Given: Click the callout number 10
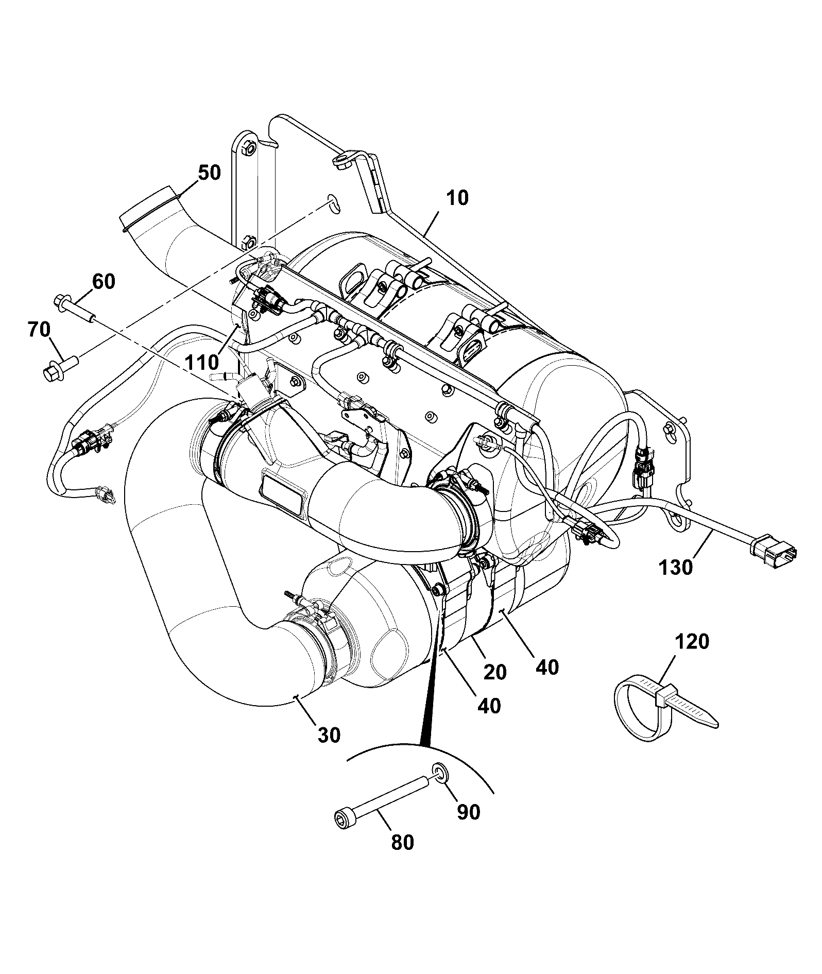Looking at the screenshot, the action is tap(457, 198).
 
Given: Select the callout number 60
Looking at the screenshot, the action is tap(104, 282).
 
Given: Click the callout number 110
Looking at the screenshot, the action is tap(202, 363).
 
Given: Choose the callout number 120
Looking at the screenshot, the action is tap(692, 642).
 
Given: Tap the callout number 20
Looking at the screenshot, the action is tap(494, 672).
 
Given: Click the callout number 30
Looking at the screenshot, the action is tap(329, 735).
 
